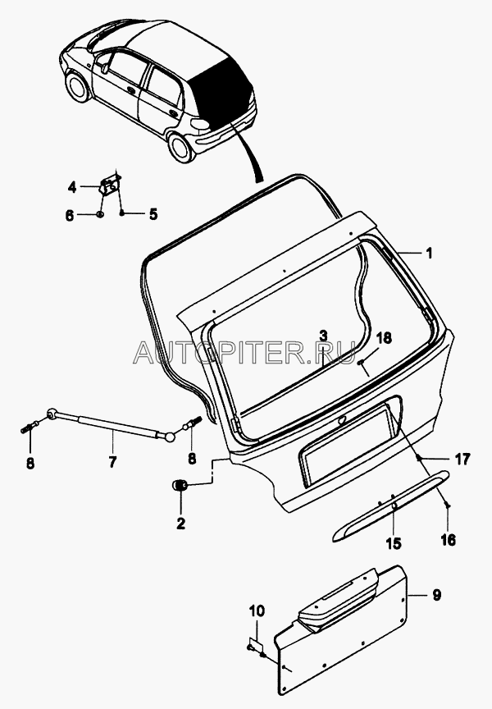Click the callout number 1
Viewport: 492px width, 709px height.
click(x=429, y=254)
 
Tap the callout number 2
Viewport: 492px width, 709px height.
click(x=180, y=524)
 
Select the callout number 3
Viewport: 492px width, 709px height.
click(x=323, y=336)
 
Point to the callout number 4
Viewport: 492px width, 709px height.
click(x=72, y=187)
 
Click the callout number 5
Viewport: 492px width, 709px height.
click(x=153, y=214)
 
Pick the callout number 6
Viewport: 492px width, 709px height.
click(x=69, y=216)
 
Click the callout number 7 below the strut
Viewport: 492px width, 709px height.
click(x=112, y=462)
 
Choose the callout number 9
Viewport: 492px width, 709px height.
click(x=436, y=595)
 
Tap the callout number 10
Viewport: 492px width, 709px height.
click(x=257, y=611)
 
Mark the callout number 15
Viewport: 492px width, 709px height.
click(x=394, y=543)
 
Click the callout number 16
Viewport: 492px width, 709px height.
click(x=448, y=540)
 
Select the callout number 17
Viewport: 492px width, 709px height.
click(x=462, y=459)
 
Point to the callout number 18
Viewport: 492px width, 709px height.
click(x=384, y=338)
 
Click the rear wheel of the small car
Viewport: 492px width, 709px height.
click(x=180, y=147)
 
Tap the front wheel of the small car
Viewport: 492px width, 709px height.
click(x=77, y=87)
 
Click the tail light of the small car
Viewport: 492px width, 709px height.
click(x=200, y=124)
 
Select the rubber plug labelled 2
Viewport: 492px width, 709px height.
click(x=180, y=485)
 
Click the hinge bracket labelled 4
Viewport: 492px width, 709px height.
click(x=110, y=185)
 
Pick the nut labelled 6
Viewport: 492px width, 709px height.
click(x=100, y=214)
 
